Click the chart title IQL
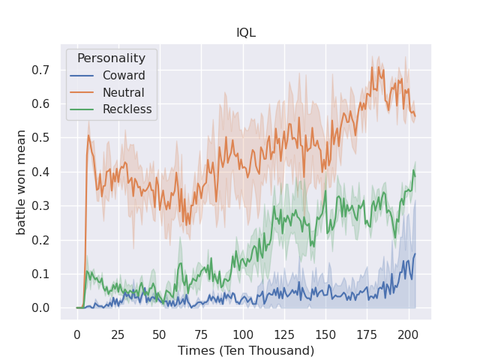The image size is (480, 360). point(245,34)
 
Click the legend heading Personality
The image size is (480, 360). point(111,58)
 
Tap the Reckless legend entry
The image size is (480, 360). point(127,109)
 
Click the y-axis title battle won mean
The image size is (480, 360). point(22,182)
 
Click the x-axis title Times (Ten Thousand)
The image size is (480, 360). point(245,350)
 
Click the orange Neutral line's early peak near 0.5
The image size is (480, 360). point(88,136)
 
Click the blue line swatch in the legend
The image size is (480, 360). point(82,76)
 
